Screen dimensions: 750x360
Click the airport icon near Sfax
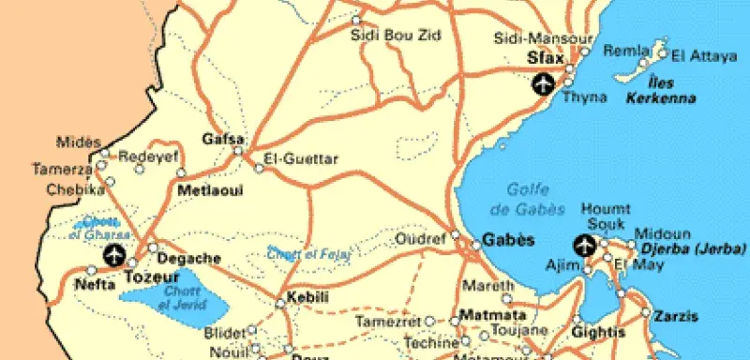click(x=541, y=84)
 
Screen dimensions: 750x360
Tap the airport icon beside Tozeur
click(x=114, y=254)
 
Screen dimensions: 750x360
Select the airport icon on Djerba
click(x=583, y=247)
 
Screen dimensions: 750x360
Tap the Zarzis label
click(x=677, y=314)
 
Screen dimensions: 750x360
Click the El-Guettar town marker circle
click(x=260, y=168)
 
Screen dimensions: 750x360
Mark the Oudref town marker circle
click(x=455, y=234)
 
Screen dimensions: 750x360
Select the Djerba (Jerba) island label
click(x=692, y=248)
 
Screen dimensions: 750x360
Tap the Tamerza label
click(x=62, y=170)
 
